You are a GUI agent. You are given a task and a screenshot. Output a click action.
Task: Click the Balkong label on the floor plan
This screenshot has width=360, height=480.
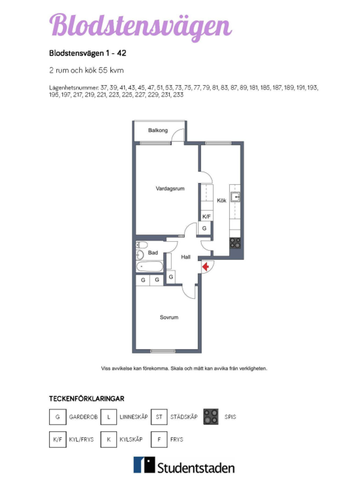[x=158, y=130]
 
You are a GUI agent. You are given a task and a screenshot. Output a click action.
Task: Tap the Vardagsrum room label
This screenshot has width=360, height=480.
[x=168, y=188]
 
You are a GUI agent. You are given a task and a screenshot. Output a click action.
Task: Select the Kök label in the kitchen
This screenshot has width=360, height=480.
[x=221, y=201]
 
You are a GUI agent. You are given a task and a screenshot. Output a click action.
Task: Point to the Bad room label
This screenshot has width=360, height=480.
[x=153, y=253]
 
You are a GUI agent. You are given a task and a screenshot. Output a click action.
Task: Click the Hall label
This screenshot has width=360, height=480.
[x=186, y=257]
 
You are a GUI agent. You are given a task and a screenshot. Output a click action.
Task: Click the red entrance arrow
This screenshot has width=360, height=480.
[x=207, y=265]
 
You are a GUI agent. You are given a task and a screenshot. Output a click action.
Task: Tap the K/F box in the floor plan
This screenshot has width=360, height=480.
[x=207, y=216]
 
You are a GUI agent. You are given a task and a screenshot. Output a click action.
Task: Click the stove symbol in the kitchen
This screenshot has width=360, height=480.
[x=236, y=242]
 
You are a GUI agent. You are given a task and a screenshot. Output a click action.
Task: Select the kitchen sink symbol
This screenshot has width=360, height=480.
[x=235, y=200]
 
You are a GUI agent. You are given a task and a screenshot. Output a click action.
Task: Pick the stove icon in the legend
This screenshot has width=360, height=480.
[x=208, y=415]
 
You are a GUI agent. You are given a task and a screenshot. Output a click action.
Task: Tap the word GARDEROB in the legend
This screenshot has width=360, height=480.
[x=81, y=415]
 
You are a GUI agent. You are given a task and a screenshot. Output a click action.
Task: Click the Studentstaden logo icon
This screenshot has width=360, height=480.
[x=147, y=464]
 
